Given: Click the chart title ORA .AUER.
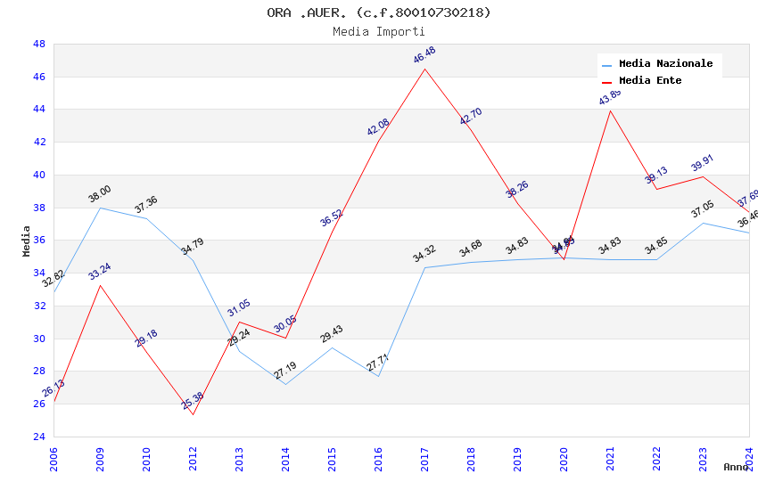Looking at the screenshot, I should [379, 12].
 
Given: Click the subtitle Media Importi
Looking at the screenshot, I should [379, 31].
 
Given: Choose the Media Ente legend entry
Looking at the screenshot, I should [650, 80].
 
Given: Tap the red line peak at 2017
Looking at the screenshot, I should [424, 69].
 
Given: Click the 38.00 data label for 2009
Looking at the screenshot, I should [100, 193].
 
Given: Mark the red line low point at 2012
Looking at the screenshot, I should [193, 414].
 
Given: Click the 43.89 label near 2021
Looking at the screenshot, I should [610, 97].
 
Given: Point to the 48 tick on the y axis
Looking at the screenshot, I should [39, 44].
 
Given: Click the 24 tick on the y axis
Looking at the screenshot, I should [39, 437].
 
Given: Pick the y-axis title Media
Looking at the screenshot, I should [27, 241].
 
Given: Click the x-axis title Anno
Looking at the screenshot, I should [736, 467].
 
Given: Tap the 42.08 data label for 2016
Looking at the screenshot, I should [378, 127].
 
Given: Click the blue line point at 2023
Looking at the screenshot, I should [703, 223].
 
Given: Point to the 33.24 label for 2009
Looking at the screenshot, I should [100, 272].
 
